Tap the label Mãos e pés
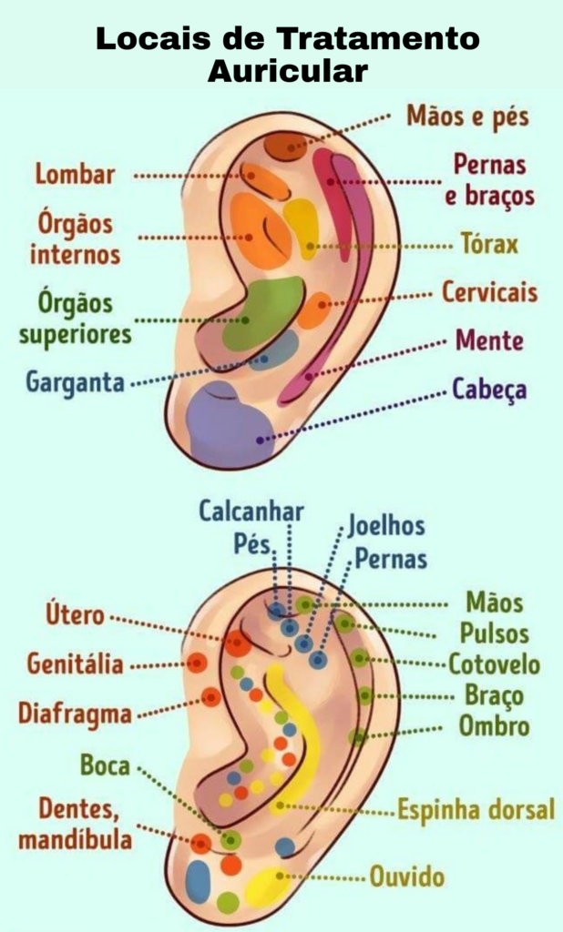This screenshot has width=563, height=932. click(467, 116)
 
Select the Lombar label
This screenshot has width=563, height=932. click(76, 174)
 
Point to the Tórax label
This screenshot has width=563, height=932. click(488, 244)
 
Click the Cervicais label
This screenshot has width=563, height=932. click(489, 293)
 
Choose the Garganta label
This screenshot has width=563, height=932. click(75, 381)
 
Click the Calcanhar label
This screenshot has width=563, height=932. click(251, 512)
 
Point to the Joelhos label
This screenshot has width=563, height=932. click(385, 526)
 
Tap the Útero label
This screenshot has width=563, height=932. click(76, 614)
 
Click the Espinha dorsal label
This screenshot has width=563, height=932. click(476, 809)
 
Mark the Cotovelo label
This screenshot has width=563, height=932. click(494, 664)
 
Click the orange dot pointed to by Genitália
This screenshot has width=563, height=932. click(196, 663)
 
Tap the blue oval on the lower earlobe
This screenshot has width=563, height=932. click(198, 881)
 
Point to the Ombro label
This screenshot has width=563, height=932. click(494, 726)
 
